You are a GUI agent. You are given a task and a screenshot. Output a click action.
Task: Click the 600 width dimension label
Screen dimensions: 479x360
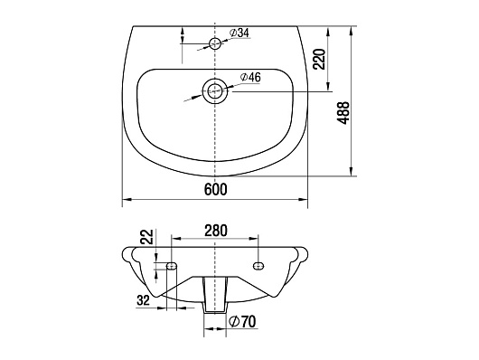216,189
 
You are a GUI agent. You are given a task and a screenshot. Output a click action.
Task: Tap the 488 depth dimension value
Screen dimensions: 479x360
343,112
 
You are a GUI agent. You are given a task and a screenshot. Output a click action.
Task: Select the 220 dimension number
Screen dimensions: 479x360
320,59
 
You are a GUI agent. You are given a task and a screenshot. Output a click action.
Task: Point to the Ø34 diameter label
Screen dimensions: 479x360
239,33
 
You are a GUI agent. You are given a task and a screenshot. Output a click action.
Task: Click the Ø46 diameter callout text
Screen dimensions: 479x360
250,78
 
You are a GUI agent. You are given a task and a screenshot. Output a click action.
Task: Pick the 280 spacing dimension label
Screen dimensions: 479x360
216,231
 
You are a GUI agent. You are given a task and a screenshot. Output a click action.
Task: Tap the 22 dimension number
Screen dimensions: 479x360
146,236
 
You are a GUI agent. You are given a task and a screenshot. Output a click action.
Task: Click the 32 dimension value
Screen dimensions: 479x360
144,300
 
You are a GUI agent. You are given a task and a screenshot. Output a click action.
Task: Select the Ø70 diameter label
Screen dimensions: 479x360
242,321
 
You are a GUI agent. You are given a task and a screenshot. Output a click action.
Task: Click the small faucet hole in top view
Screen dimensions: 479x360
215,43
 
